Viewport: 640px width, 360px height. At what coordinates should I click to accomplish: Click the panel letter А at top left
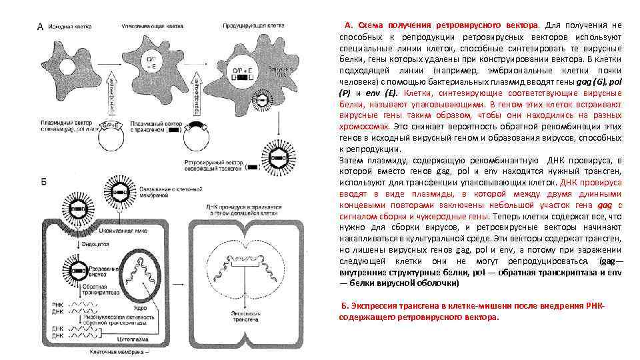40,27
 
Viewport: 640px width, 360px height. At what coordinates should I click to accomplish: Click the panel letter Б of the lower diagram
41,182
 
